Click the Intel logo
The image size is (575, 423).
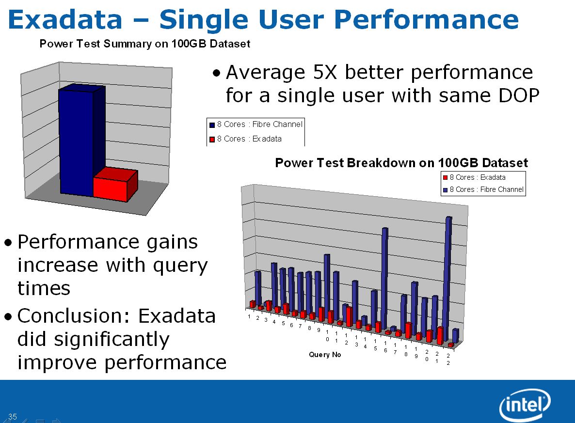525,405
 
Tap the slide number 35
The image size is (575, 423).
13,417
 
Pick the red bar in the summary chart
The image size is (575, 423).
115,185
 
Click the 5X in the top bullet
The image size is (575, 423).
324,72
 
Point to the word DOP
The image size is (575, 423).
519,95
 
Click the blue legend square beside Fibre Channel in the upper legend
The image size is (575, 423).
212,125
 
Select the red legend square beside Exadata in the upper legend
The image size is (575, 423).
212,139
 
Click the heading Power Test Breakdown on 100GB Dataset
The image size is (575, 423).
401,163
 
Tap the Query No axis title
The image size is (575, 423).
325,355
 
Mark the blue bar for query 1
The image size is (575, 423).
258,287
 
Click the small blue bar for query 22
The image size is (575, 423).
455,335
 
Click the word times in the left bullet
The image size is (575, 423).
44,288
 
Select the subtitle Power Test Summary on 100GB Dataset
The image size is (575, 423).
145,44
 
